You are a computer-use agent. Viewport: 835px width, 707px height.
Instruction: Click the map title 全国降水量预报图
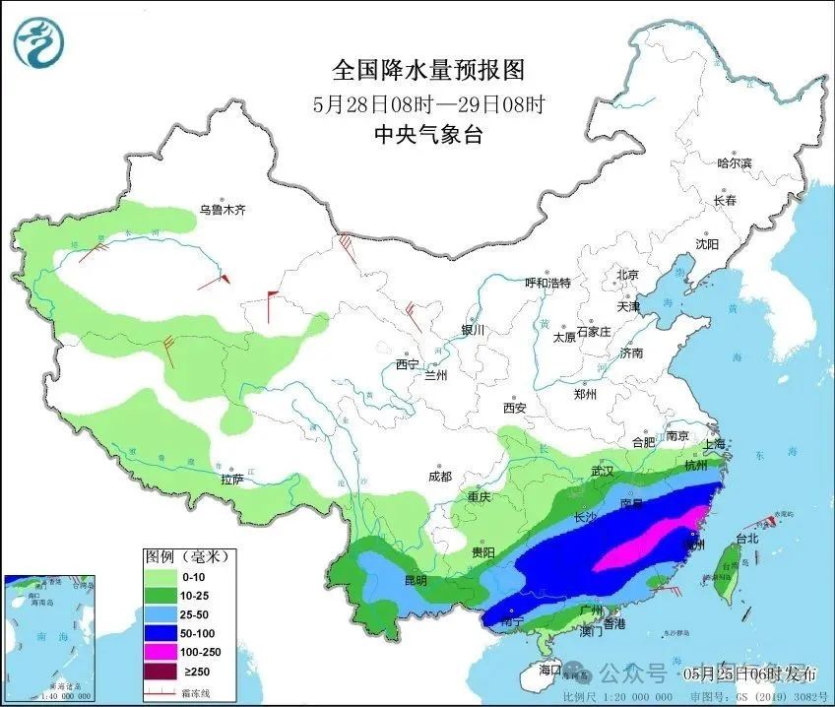[x=428, y=70]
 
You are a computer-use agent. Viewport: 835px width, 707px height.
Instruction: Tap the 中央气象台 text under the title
[x=428, y=136]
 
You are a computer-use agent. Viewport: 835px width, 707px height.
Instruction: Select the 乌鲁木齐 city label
[x=222, y=210]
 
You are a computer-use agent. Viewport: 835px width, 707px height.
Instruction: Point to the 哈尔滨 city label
[x=735, y=162]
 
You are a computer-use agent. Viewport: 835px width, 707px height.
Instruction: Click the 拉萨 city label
[x=231, y=480]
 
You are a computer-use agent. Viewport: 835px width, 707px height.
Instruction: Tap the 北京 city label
[x=627, y=275]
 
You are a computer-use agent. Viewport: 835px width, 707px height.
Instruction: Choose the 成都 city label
[x=440, y=477]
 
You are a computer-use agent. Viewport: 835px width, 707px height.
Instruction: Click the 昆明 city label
[x=416, y=581]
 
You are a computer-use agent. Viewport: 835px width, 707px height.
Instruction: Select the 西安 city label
[x=515, y=407]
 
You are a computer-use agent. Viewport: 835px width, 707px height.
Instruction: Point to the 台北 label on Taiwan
[x=746, y=539]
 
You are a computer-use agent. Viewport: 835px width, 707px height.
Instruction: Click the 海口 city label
[x=550, y=670]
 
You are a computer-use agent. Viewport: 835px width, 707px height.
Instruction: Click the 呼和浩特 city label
[x=547, y=283]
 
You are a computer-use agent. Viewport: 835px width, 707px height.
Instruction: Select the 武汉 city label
[x=603, y=473]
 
